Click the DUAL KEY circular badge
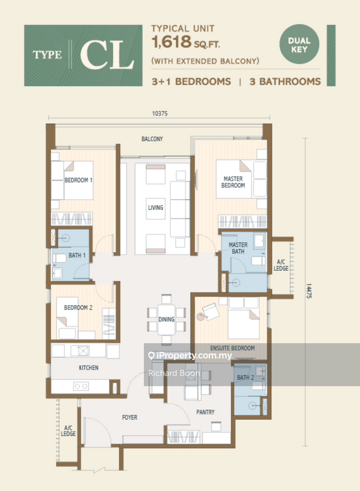point(299,44)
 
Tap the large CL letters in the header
point(107,55)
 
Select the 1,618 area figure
point(171,42)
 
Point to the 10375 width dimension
point(160,114)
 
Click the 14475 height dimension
point(308,291)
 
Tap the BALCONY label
point(152,139)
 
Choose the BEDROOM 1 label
point(79,180)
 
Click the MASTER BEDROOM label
point(233,182)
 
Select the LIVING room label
point(155,207)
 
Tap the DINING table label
point(166,319)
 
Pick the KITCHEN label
point(88,368)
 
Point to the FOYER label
point(130,417)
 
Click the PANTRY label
point(206,412)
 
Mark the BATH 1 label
point(77,255)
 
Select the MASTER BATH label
point(238,248)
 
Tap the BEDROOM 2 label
point(79,307)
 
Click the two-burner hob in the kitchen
point(81,387)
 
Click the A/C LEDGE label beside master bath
point(281,265)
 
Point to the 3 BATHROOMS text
point(285,82)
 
